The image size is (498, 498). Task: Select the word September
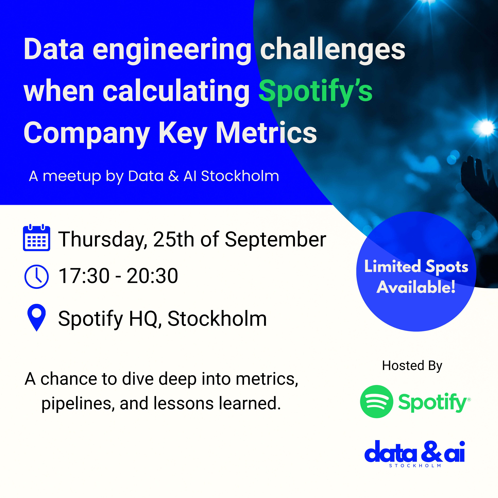pos(276,240)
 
